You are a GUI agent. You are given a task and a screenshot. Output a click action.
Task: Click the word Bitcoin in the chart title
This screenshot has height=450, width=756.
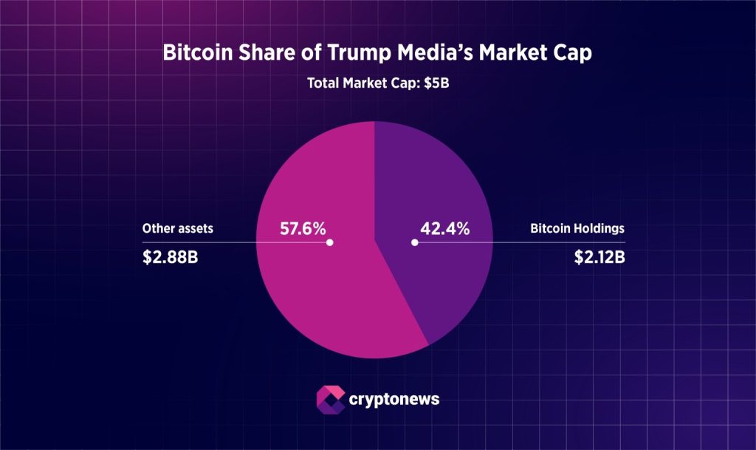(x=194, y=53)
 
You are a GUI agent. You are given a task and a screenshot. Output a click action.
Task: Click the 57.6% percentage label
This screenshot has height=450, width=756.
(x=303, y=228)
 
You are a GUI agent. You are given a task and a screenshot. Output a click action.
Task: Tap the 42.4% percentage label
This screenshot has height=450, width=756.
(x=445, y=228)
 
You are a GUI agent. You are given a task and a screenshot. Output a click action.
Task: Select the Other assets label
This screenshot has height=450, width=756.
(x=178, y=228)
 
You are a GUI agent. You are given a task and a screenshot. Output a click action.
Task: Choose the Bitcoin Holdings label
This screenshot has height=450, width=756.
(x=577, y=228)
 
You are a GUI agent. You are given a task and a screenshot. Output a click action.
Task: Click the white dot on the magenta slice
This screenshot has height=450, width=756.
(x=330, y=242)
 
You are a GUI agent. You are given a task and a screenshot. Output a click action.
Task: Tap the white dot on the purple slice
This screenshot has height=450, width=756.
(x=415, y=242)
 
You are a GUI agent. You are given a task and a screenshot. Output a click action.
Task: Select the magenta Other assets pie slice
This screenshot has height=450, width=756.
(x=325, y=303)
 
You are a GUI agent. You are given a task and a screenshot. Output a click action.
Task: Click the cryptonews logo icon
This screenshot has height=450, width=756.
(x=329, y=398)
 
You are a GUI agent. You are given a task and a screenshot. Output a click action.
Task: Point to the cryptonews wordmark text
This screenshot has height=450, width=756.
(x=394, y=399)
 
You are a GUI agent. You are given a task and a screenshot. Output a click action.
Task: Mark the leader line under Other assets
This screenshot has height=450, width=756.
(x=221, y=242)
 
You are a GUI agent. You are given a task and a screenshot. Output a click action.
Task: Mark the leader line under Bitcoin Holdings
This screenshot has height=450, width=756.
(x=532, y=242)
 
